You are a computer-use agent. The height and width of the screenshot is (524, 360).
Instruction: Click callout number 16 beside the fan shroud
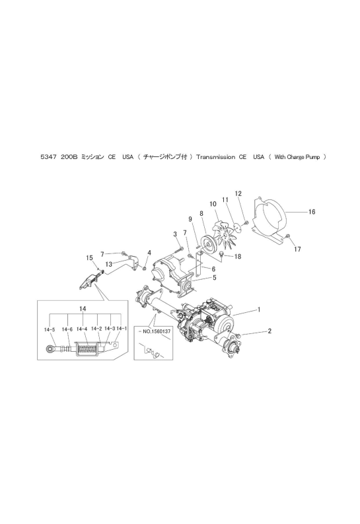[312, 212]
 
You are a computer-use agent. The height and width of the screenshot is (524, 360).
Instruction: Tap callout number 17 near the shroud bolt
[297, 249]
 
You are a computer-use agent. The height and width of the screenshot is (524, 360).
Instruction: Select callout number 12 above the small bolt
[238, 193]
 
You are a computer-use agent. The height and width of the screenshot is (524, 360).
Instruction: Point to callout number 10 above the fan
[213, 204]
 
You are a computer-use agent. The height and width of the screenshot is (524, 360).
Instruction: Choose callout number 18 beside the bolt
[238, 257]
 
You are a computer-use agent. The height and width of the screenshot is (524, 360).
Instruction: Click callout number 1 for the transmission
[258, 310]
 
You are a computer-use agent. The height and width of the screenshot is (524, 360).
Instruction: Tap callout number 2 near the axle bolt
[270, 331]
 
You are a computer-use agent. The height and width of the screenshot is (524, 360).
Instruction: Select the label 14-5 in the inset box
[49, 329]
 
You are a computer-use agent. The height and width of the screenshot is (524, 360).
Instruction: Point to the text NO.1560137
[154, 332]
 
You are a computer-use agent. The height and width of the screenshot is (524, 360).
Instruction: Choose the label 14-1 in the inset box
[122, 329]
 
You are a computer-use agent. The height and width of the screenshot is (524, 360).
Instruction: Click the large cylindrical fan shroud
[270, 218]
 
